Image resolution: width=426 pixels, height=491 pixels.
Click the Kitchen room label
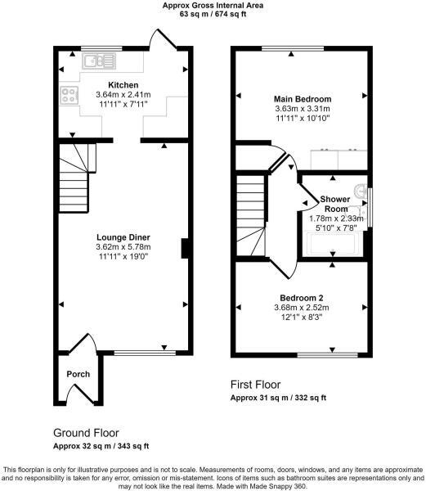(x=123, y=85)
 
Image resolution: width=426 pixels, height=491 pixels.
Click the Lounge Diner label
(x=123, y=237)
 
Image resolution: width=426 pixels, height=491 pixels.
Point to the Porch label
(x=78, y=374)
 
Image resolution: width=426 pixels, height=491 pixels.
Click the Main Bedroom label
(x=301, y=97)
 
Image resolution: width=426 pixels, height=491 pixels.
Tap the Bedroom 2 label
(x=301, y=296)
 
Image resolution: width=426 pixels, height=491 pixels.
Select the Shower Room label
(x=334, y=204)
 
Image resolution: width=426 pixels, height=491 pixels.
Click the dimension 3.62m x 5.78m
(x=123, y=246)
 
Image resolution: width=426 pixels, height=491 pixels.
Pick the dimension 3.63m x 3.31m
(x=301, y=107)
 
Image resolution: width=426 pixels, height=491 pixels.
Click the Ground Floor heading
(x=86, y=432)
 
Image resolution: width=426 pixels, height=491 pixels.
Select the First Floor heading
(x=256, y=384)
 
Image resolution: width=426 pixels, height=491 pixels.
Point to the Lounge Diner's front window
(x=144, y=353)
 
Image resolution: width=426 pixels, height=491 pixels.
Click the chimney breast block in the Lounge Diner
(x=186, y=248)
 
